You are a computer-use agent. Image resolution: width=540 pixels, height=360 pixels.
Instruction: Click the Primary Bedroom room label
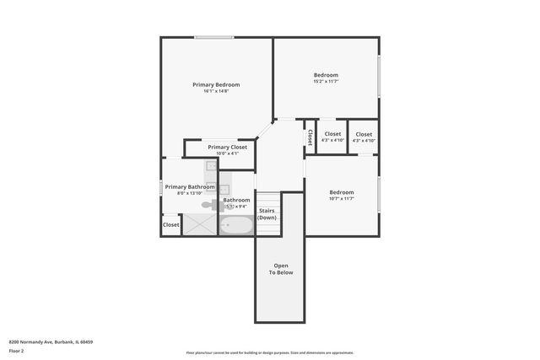(x=216, y=84)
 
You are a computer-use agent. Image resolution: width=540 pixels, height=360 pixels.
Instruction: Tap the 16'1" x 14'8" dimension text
(x=216, y=91)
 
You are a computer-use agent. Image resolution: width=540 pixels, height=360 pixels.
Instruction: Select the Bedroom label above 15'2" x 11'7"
(x=326, y=75)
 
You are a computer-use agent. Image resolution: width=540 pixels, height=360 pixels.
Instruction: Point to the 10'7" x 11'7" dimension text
(x=341, y=198)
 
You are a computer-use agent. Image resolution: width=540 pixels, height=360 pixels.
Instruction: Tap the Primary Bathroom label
(x=189, y=186)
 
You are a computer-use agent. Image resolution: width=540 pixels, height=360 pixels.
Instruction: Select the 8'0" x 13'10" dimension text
(x=189, y=193)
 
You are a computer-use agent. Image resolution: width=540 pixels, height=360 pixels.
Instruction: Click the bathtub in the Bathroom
(x=236, y=225)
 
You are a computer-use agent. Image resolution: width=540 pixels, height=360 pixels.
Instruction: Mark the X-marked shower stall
(x=200, y=224)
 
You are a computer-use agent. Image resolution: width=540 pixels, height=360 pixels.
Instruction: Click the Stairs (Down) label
(x=267, y=213)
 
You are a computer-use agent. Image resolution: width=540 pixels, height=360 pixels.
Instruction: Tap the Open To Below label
(x=281, y=269)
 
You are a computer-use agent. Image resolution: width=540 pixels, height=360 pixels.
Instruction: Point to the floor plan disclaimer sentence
(x=270, y=352)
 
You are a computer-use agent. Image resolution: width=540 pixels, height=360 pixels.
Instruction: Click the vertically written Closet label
(x=310, y=136)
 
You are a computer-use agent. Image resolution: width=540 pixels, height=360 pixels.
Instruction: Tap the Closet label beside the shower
(x=171, y=225)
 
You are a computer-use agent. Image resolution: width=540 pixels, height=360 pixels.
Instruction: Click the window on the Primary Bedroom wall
(x=214, y=36)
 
